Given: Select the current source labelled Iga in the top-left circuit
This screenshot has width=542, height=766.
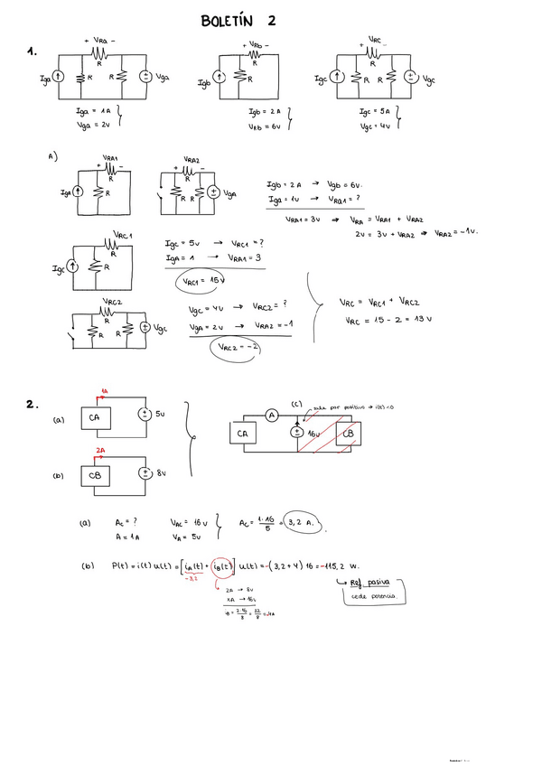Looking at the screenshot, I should [x=59, y=79].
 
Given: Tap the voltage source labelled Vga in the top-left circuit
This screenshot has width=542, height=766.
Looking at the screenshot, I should [x=145, y=77].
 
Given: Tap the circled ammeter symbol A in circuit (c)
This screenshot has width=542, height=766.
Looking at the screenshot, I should [x=269, y=416].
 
